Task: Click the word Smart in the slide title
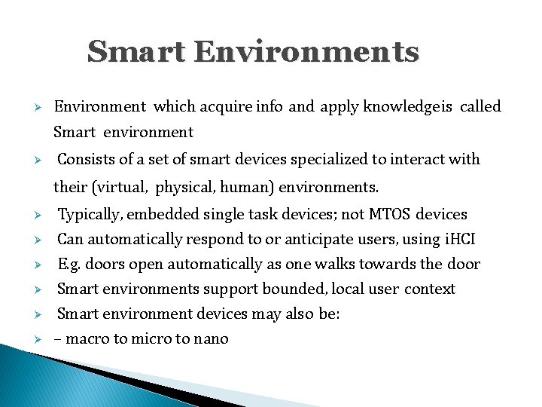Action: [135, 53]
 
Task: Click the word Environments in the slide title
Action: [306, 53]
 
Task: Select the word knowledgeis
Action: [408, 106]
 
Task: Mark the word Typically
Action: [90, 214]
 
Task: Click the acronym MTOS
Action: [389, 214]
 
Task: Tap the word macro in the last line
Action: [87, 338]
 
